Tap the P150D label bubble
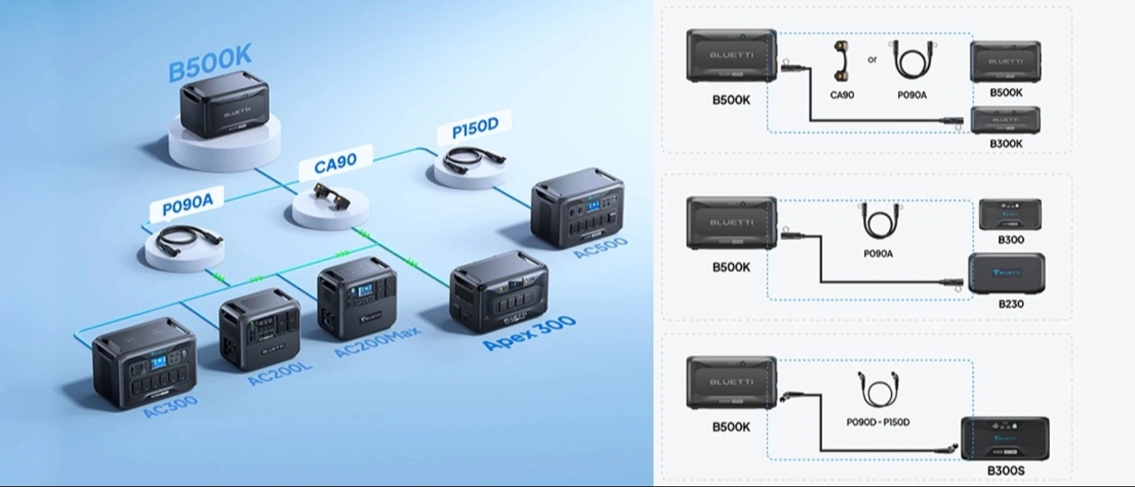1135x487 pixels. pos(475,128)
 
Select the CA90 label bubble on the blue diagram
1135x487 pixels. pos(336,163)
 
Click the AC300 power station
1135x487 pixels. pos(145,362)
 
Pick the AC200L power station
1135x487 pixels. pos(259,328)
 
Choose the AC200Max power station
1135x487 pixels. pos(357,297)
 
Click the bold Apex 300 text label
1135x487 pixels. pos(529,335)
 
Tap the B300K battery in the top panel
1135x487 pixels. pos(1005,120)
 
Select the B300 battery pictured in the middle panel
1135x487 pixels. pos(1010,214)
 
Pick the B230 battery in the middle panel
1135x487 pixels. pos(1006,273)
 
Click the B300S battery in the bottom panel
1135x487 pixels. pos(1005,438)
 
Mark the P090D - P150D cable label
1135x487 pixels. pos(878,422)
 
